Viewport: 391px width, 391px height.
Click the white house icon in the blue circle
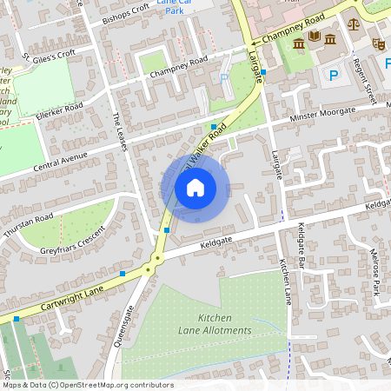click(195, 187)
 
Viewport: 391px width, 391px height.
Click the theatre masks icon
click(379, 42)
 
